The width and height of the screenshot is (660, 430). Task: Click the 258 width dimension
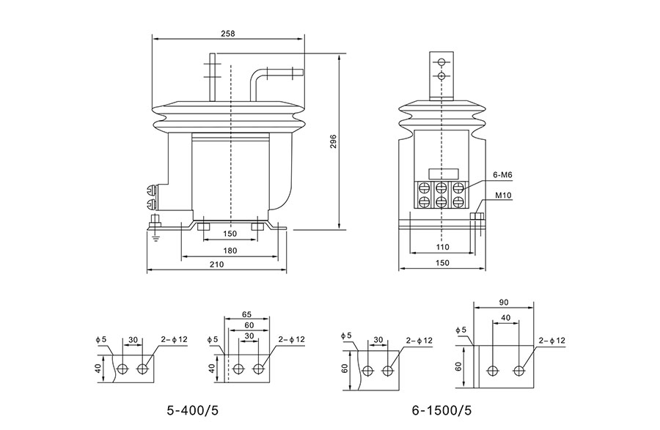(x=228, y=34)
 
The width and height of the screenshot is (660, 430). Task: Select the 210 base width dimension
(x=217, y=264)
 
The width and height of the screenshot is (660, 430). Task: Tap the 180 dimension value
(x=230, y=251)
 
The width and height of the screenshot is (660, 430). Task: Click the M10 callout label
(x=503, y=196)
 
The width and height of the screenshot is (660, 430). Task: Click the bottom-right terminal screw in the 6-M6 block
(x=458, y=201)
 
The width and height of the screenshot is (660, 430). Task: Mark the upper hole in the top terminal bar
(x=441, y=62)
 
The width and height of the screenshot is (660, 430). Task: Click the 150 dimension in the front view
(x=230, y=234)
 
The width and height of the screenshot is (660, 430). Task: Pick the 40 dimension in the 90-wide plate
(x=506, y=318)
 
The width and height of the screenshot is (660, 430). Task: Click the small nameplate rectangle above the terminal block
(x=440, y=174)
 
